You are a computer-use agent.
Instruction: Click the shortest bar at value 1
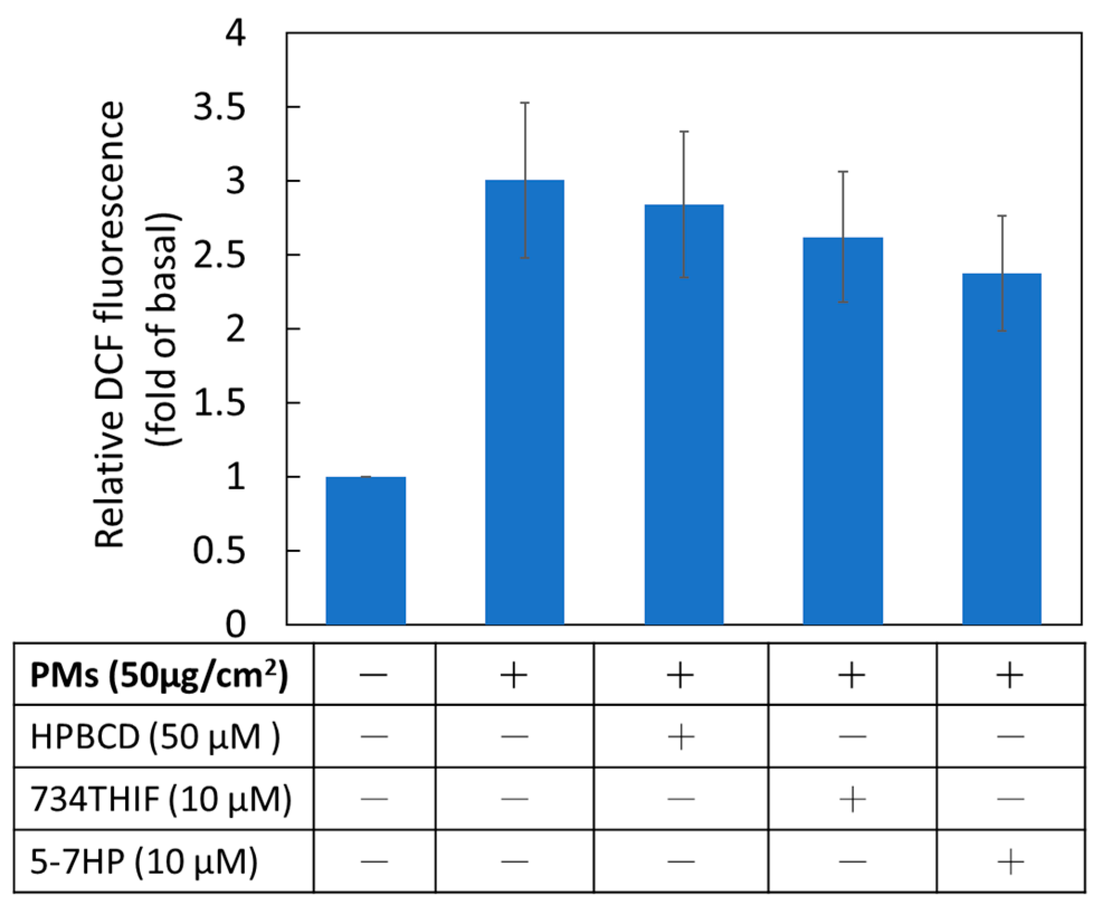pos(366,550)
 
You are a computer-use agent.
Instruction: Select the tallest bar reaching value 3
pos(525,402)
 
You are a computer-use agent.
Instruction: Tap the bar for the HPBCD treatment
pos(684,413)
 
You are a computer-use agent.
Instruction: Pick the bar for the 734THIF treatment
pos(842,430)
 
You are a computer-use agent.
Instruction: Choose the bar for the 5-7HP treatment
pos(1002,447)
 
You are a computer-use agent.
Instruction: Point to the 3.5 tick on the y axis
pos(219,108)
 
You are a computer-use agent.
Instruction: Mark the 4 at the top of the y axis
pos(235,35)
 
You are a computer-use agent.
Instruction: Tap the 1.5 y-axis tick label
pos(219,403)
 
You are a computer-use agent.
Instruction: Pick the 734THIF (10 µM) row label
pos(160,800)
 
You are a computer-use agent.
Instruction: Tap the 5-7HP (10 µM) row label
pos(144,862)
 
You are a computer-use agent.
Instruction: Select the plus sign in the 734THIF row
pos(852,800)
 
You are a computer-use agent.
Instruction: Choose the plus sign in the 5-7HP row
pos(1010,862)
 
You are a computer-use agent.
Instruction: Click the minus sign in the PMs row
pos(374,675)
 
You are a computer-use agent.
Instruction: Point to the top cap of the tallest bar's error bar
pos(525,103)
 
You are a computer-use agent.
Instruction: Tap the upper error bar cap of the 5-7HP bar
pos(1002,216)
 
